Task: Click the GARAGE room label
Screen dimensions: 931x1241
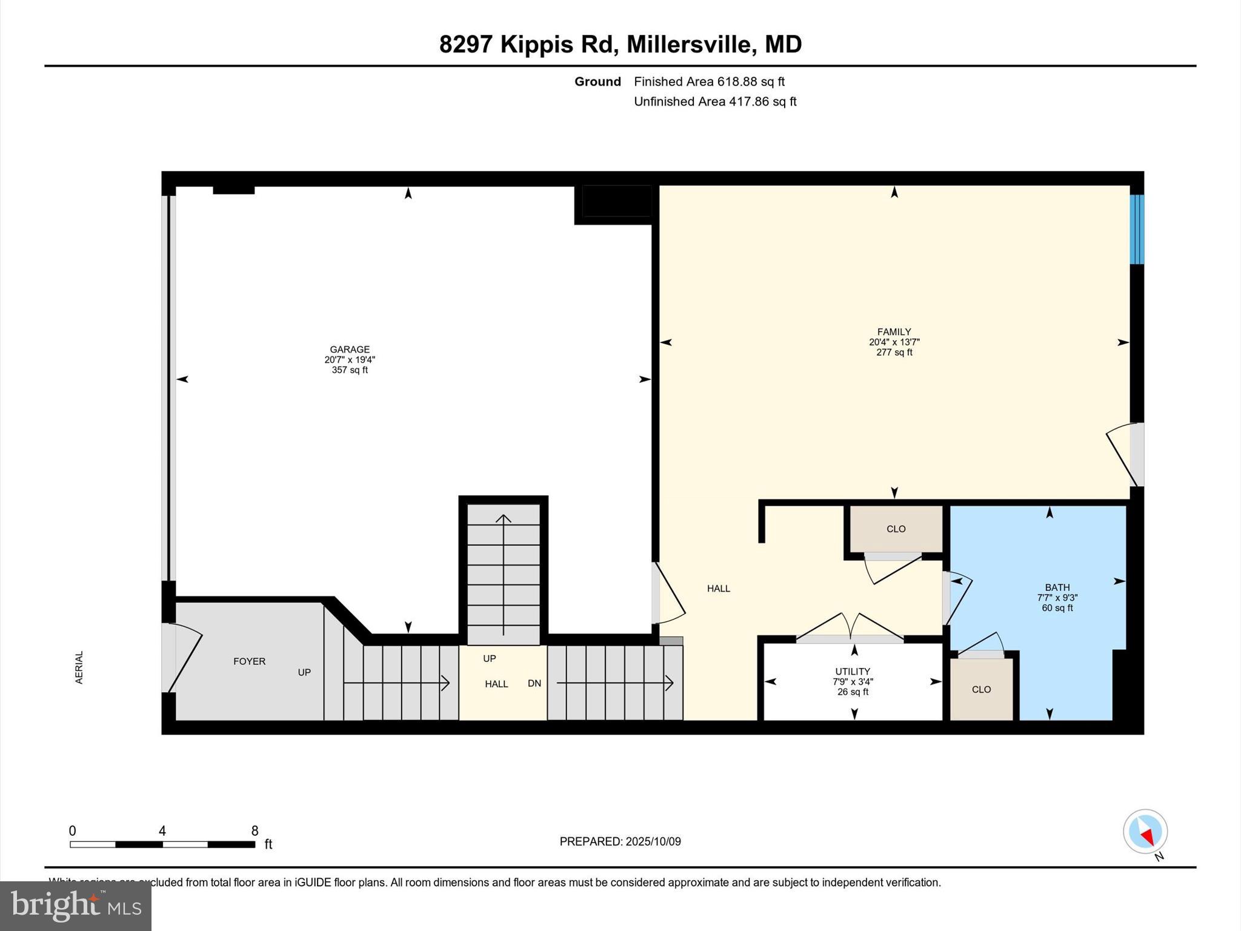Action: pyautogui.click(x=350, y=349)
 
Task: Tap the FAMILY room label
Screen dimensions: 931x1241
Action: pyautogui.click(x=894, y=332)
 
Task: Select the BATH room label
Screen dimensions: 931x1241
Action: pyautogui.click(x=1057, y=587)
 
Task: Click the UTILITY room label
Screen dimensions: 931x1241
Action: pyautogui.click(x=853, y=672)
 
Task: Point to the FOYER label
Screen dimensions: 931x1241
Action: pyautogui.click(x=249, y=661)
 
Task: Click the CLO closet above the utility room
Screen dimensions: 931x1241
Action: pyautogui.click(x=896, y=529)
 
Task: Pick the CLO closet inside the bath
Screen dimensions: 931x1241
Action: pyautogui.click(x=981, y=689)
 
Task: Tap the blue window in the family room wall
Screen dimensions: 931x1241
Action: pyautogui.click(x=1137, y=229)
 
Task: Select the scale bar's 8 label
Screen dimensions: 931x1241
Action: pyautogui.click(x=255, y=830)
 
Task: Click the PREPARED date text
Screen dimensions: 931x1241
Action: pyautogui.click(x=620, y=841)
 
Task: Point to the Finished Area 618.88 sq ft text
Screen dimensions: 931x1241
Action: pyautogui.click(x=709, y=81)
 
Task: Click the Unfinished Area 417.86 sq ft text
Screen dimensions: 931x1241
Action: pyautogui.click(x=715, y=101)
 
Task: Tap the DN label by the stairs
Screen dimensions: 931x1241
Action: pyautogui.click(x=534, y=683)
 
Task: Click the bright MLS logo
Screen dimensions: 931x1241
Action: pyautogui.click(x=76, y=906)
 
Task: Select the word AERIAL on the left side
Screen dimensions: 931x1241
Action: pyautogui.click(x=79, y=667)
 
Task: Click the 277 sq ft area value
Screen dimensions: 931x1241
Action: pyautogui.click(x=894, y=352)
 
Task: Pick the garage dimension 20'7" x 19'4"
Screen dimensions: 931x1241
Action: pyautogui.click(x=350, y=359)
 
